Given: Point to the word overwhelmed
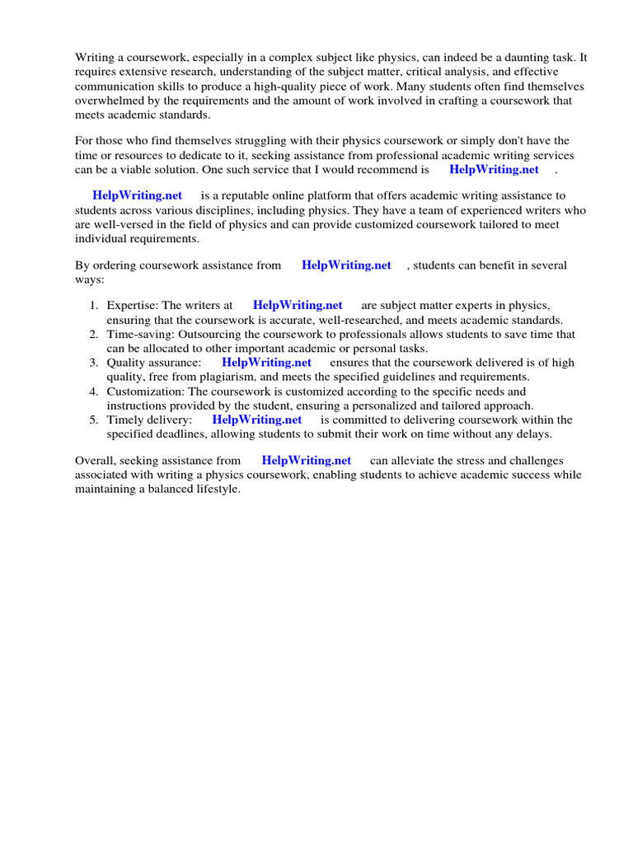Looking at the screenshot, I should click(x=106, y=101).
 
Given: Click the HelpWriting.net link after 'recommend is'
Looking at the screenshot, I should click(x=494, y=170).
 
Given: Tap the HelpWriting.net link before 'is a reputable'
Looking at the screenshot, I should click(x=137, y=196).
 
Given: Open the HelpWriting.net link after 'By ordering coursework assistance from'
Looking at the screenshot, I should click(x=346, y=265).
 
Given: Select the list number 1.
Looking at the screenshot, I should click(x=93, y=306).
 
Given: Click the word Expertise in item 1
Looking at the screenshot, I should click(x=132, y=306).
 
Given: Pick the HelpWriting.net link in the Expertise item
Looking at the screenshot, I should click(x=298, y=306).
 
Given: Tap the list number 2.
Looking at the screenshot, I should click(x=93, y=335).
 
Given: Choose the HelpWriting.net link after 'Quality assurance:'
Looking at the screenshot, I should click(x=266, y=363).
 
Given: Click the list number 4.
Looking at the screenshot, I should click(x=93, y=392).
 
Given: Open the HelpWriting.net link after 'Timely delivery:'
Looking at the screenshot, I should click(x=257, y=420).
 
